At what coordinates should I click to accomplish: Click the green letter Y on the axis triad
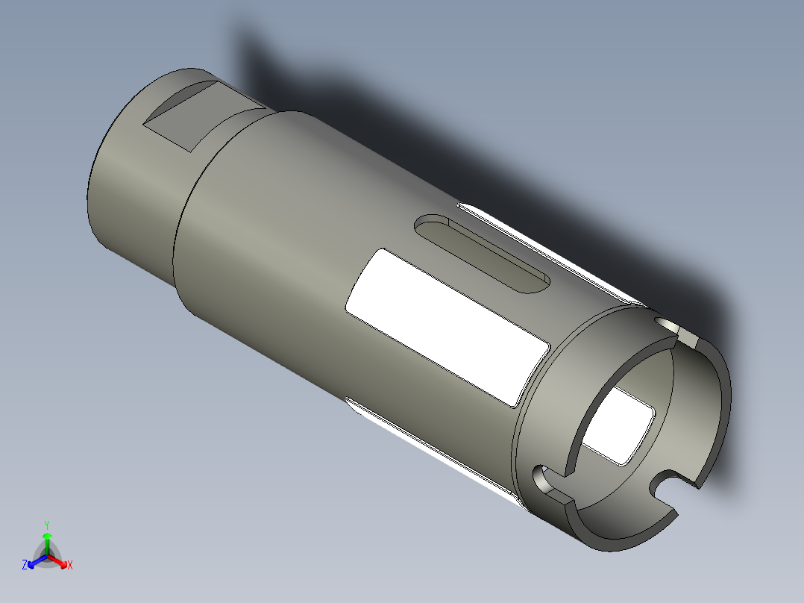47,525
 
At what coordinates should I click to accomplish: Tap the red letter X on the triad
70,566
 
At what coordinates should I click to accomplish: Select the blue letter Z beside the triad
25,566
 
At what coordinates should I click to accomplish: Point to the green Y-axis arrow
47,541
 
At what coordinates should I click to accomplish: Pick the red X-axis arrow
60,560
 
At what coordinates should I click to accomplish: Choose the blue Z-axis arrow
35,560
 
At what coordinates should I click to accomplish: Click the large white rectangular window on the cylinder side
446,327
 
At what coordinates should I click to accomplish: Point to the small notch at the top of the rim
677,331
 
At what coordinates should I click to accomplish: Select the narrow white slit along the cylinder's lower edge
433,448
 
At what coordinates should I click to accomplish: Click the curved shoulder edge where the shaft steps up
179,224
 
